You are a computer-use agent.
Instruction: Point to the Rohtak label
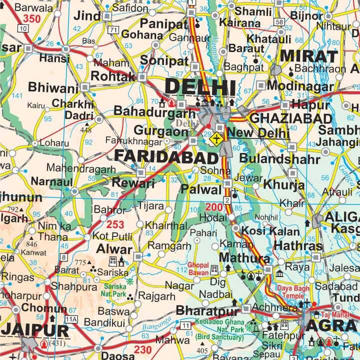point(113,76)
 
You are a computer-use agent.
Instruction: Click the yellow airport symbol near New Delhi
point(216,138)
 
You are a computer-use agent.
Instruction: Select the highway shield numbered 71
point(114,31)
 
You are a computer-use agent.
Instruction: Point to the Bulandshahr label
point(279,159)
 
